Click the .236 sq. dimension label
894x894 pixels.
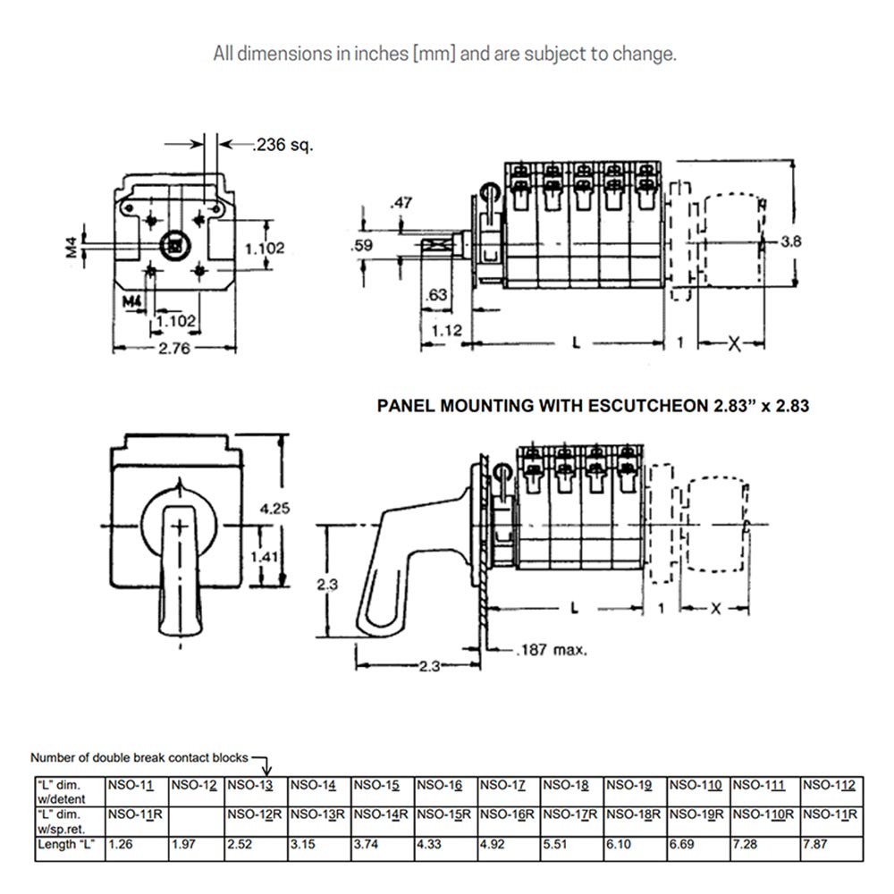click(x=283, y=145)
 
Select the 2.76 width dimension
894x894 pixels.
click(x=174, y=350)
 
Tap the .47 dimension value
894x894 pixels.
click(x=401, y=204)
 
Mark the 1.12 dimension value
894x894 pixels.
click(x=445, y=331)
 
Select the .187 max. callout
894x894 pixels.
click(x=552, y=649)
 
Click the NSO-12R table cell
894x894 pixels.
click(x=256, y=814)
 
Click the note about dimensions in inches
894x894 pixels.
click(x=444, y=54)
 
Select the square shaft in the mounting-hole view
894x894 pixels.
click(x=176, y=244)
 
